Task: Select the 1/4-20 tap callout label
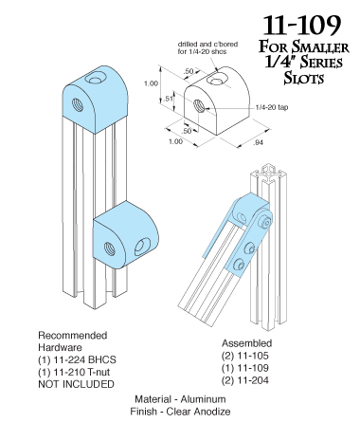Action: [277, 109]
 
